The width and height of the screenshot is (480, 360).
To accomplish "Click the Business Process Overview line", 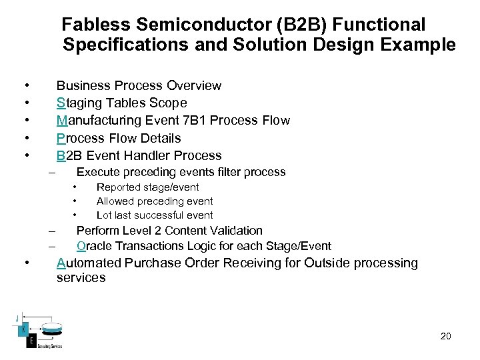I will click(139, 85).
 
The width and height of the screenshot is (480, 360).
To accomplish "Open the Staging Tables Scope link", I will click(122, 103).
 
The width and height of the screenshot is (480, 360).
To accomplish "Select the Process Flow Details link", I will click(119, 138).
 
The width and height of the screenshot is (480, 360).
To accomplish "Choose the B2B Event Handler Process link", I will click(139, 155).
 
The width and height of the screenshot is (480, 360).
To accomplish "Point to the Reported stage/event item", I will click(147, 187).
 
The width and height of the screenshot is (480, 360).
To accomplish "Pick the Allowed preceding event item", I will click(155, 201).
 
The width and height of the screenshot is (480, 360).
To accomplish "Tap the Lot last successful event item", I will click(155, 215).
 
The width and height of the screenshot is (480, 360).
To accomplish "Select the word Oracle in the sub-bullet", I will click(94, 246).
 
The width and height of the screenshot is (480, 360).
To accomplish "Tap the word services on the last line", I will click(81, 278).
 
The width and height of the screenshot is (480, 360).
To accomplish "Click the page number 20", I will click(445, 336).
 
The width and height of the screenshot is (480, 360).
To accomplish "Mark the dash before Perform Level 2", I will click(51, 231).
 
